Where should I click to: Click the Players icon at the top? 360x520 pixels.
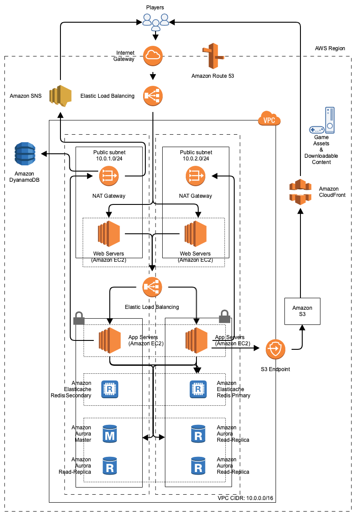[x=156, y=20]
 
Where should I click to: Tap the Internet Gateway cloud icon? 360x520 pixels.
[x=153, y=55]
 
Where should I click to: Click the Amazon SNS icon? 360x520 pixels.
[x=60, y=96]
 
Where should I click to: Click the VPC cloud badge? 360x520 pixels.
[x=269, y=120]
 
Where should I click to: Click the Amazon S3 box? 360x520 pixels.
[x=302, y=311]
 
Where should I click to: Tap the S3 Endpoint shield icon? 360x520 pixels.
[x=275, y=350]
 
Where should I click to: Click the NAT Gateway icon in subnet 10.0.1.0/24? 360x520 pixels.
[x=108, y=176]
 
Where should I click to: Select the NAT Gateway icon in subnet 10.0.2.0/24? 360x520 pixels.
[x=195, y=176]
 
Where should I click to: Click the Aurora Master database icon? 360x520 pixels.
[x=109, y=434]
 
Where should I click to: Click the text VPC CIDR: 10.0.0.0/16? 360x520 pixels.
[x=245, y=498]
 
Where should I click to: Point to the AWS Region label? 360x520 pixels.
[x=329, y=48]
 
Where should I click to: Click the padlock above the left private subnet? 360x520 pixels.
[x=79, y=318]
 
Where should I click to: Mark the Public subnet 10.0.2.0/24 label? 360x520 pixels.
[x=196, y=155]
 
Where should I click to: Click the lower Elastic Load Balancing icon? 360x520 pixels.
[x=152, y=287]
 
